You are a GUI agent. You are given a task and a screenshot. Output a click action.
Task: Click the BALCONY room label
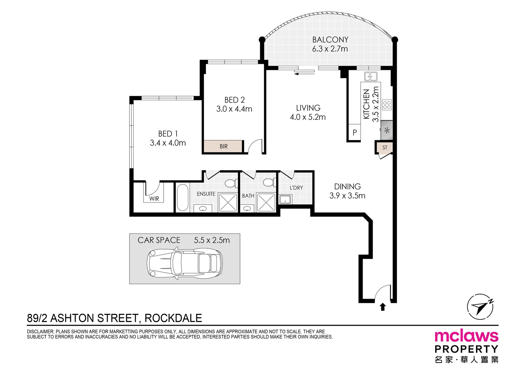(x=330, y=40)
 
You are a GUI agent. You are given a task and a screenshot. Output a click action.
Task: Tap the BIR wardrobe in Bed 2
(x=223, y=146)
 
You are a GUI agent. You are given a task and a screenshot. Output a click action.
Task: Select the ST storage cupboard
(x=385, y=148)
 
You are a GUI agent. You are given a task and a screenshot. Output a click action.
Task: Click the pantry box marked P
(x=355, y=133)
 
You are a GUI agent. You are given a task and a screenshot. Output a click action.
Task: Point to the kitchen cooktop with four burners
(x=387, y=105)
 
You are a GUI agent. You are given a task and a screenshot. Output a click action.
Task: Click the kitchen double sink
(x=371, y=76)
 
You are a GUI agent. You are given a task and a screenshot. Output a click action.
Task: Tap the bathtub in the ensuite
(x=182, y=198)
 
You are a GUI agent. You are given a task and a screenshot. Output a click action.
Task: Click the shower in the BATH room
(x=266, y=202)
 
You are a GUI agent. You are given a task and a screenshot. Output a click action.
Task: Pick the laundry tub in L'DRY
(x=285, y=199)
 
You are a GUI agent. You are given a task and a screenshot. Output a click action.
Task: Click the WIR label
(x=154, y=199)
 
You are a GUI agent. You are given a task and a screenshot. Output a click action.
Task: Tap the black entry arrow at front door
(x=383, y=307)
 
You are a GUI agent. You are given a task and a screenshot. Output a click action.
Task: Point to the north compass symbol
(x=480, y=307)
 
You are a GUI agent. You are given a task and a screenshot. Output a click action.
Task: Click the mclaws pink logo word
(x=466, y=336)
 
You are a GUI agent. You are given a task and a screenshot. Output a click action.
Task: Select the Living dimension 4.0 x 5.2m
(x=308, y=117)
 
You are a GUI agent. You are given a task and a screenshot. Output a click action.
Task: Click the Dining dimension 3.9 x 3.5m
(x=347, y=196)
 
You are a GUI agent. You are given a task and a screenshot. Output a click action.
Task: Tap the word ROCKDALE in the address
(x=173, y=318)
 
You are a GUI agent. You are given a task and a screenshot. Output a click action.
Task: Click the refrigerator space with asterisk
(x=387, y=130)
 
